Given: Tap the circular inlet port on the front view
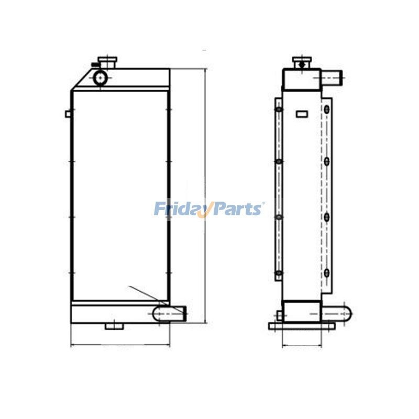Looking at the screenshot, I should click(x=100, y=78).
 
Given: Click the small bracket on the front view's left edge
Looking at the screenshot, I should click(x=68, y=114).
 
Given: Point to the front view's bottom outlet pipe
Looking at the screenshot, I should click(x=169, y=313).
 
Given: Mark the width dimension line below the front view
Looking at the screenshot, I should click(x=120, y=346).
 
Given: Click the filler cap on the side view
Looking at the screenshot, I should click(x=301, y=63).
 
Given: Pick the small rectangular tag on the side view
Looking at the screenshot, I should click(x=302, y=113).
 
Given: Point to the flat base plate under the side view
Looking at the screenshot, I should click(x=302, y=326).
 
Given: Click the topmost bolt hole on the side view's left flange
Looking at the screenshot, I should click(x=279, y=109).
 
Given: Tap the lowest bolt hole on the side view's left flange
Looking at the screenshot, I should click(x=279, y=273).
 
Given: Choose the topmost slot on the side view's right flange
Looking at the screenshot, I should click(x=327, y=109).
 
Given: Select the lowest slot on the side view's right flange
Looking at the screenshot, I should click(x=327, y=272).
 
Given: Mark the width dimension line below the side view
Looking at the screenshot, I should click(x=302, y=346).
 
